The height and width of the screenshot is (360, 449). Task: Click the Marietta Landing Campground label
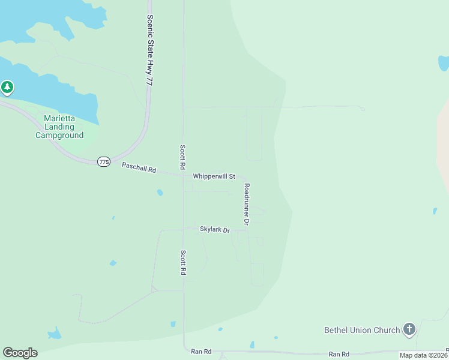point(59,127)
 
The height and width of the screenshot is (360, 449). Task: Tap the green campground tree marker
point(7,88)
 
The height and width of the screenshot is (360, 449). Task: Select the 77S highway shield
point(104,162)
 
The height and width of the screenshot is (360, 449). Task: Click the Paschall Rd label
point(139,168)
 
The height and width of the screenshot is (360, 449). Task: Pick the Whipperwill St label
point(214,176)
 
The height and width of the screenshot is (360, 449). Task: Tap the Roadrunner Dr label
point(246,204)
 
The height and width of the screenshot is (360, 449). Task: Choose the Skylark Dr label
point(215,230)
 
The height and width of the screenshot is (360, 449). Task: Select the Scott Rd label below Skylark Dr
point(183,262)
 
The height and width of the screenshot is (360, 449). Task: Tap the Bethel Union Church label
point(362,330)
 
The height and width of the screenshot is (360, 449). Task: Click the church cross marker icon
point(409,329)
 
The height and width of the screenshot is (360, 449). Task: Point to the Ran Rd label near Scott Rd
point(201,352)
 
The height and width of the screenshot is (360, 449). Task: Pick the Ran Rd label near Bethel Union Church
point(339,355)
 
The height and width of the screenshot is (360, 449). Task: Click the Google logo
point(20,353)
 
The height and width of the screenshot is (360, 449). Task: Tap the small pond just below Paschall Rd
point(160,193)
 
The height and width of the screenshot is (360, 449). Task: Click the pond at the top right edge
point(444,63)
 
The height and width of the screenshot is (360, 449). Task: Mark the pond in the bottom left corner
point(55,333)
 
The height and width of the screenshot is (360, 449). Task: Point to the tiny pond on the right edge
point(435,211)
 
